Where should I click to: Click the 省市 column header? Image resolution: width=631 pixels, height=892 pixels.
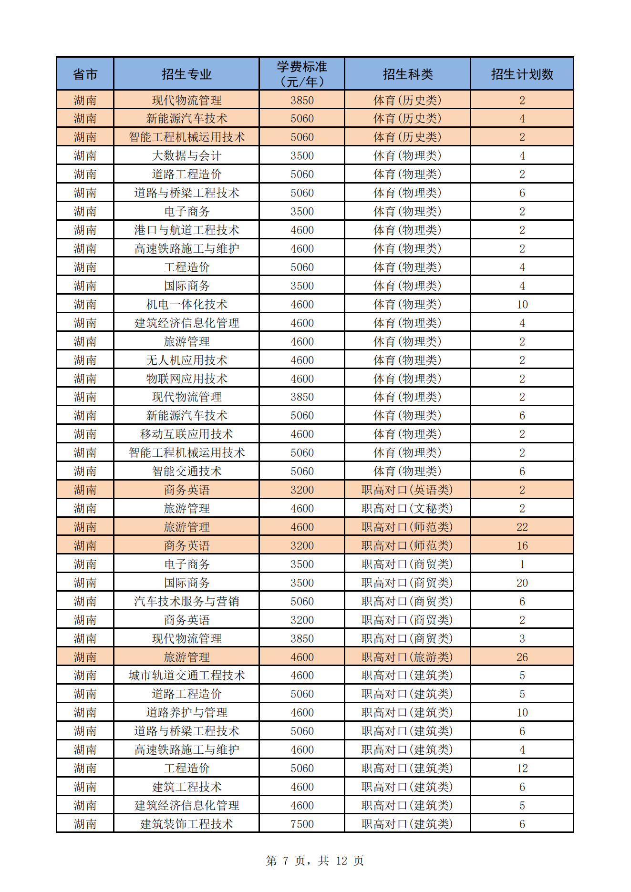click(85, 74)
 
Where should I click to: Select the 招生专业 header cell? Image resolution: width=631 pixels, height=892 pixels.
click(186, 74)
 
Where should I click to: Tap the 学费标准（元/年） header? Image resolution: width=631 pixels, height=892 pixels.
click(302, 74)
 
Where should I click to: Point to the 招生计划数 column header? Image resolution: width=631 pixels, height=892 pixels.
click(522, 74)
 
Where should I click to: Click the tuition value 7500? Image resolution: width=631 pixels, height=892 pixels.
click(302, 824)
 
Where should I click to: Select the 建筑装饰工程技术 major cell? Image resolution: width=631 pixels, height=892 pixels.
click(186, 824)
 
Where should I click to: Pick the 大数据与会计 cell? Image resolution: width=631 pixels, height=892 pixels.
click(186, 155)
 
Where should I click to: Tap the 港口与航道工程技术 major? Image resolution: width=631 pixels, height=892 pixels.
click(186, 230)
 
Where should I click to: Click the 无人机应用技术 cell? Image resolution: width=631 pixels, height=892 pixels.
click(186, 360)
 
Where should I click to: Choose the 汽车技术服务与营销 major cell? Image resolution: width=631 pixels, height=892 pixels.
click(186, 601)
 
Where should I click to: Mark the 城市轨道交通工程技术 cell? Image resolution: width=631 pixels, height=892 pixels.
click(186, 675)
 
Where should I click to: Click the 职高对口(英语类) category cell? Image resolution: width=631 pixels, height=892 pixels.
click(407, 490)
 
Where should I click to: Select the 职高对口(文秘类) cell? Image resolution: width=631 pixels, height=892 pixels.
click(407, 508)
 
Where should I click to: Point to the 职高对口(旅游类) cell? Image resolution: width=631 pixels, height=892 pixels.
click(407, 657)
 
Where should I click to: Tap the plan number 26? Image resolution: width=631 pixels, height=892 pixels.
click(522, 657)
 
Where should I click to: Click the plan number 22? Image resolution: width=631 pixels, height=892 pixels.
click(522, 527)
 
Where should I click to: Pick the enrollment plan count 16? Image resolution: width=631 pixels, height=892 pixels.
click(522, 545)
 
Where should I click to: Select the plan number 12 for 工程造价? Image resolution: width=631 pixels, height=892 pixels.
click(522, 768)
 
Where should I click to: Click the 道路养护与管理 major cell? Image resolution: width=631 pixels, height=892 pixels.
click(186, 712)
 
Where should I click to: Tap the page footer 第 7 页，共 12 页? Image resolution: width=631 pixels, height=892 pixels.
click(315, 861)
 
